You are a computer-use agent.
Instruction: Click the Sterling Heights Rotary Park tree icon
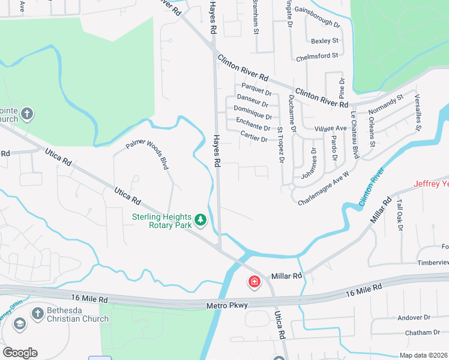(200, 221)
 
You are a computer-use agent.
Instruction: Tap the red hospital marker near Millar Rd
(255, 281)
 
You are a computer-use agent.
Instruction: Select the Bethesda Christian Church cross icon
(37, 313)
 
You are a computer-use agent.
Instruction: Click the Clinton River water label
(372, 189)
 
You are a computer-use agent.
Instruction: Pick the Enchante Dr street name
(253, 127)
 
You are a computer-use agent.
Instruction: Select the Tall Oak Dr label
(399, 214)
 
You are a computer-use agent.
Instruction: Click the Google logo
(20, 353)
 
